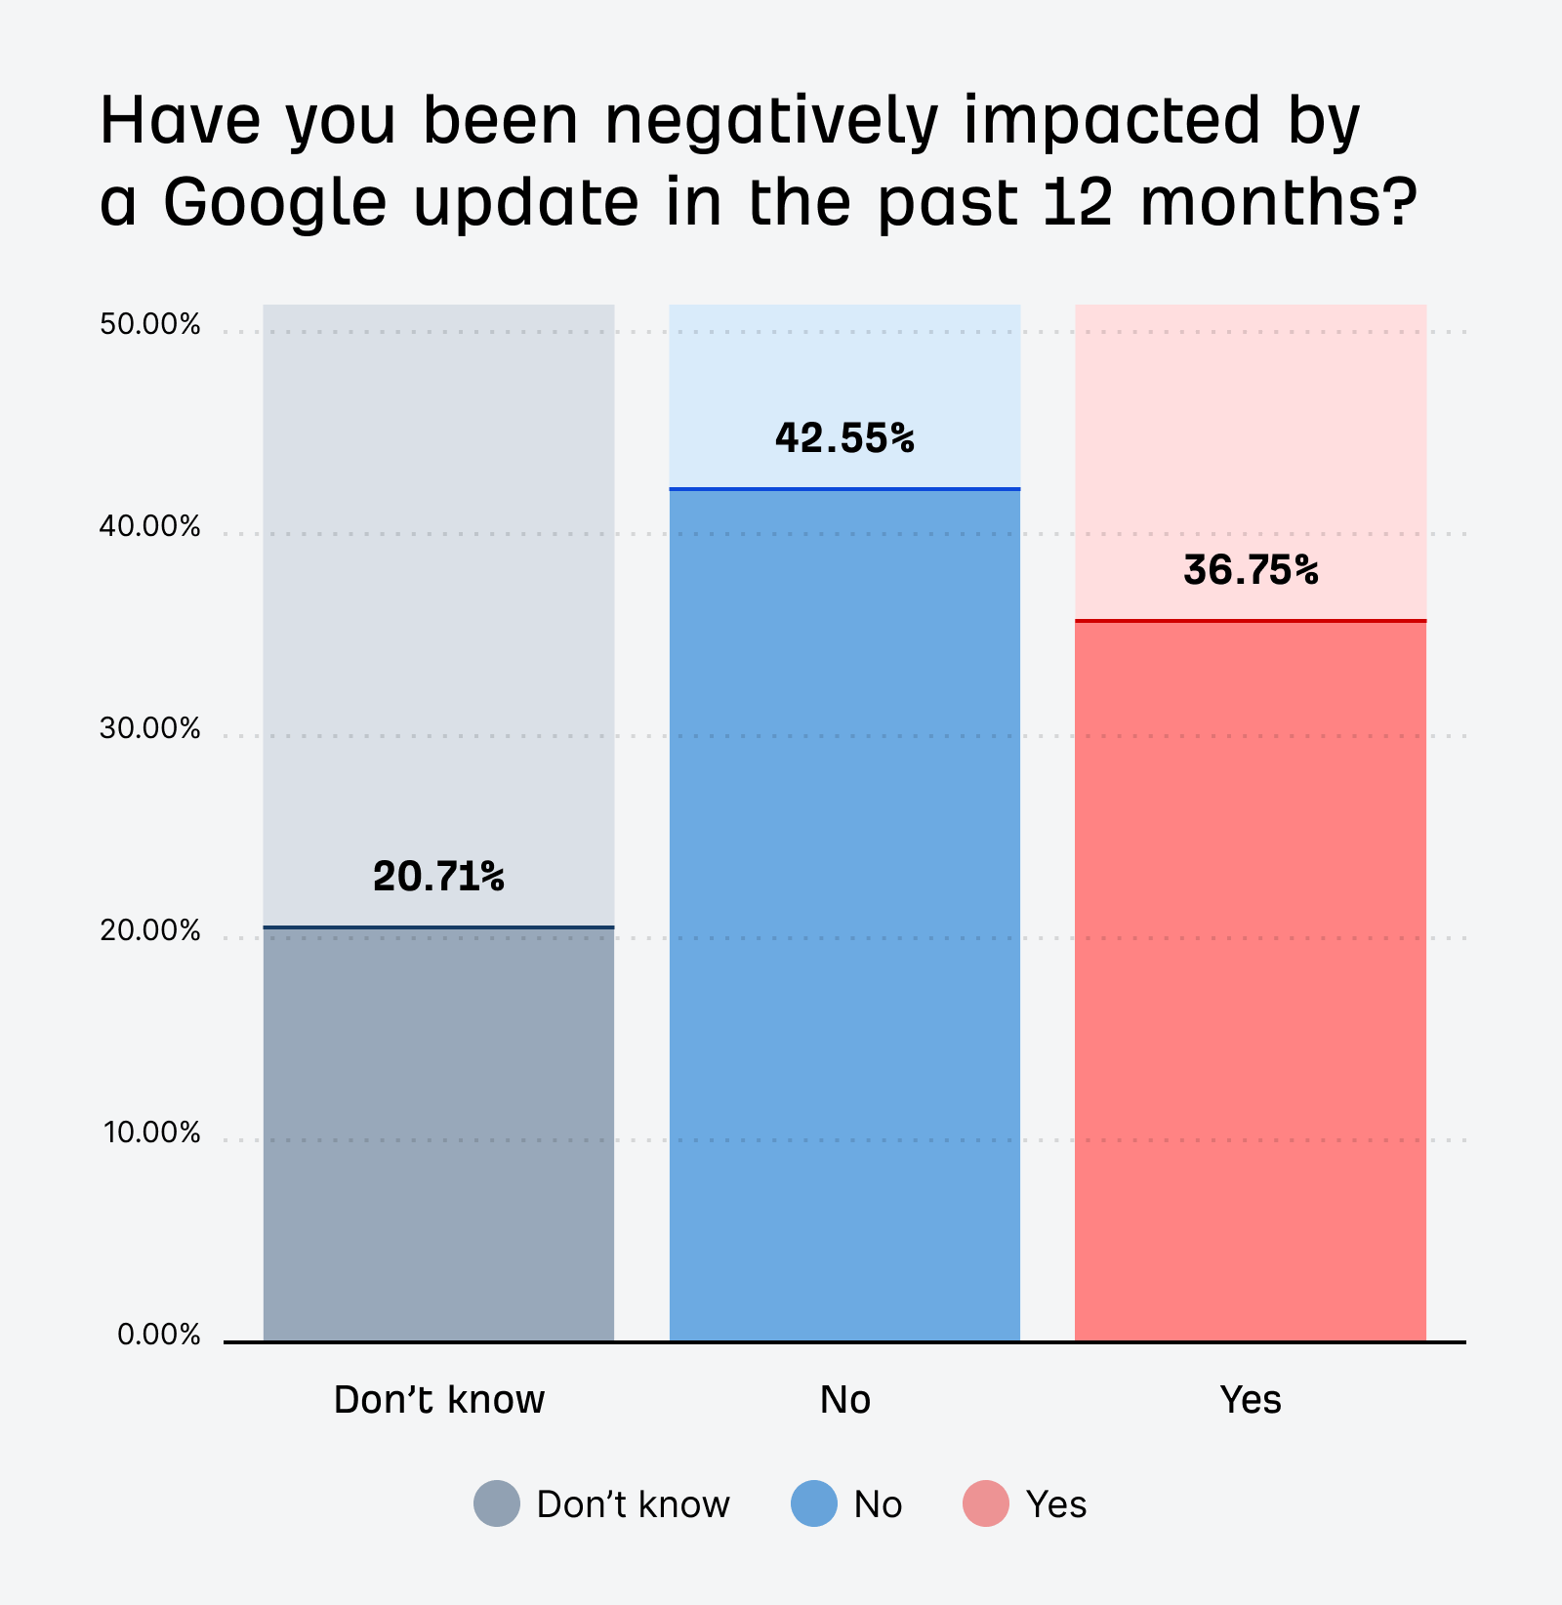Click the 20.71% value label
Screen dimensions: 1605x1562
point(438,876)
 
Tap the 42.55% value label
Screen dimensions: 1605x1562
point(844,437)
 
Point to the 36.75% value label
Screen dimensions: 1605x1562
point(1251,570)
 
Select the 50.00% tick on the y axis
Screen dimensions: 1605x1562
point(150,325)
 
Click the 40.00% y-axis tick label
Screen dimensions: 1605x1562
point(150,527)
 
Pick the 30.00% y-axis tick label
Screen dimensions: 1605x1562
point(150,728)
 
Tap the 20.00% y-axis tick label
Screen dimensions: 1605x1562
point(150,930)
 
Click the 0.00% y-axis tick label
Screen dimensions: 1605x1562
point(159,1335)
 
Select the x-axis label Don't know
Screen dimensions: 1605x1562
point(438,1400)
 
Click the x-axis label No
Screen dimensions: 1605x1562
point(844,1400)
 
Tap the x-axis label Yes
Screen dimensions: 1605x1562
point(1251,1400)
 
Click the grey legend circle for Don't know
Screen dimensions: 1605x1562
point(497,1503)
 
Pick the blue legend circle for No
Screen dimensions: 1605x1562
point(814,1503)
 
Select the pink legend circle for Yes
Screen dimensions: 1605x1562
point(986,1503)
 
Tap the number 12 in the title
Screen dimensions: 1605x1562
point(1077,201)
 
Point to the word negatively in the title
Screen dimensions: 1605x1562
point(771,121)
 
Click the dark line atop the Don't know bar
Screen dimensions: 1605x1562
point(438,926)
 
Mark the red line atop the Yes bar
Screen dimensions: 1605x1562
point(1251,620)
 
